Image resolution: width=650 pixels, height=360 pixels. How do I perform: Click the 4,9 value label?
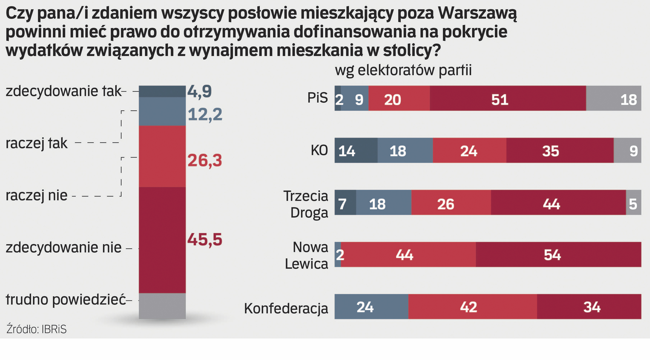tap(200, 92)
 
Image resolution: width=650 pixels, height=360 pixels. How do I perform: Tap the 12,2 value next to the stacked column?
tap(205, 114)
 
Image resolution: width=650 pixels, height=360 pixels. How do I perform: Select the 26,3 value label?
tap(205, 160)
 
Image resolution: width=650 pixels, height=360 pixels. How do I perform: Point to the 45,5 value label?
tap(205, 240)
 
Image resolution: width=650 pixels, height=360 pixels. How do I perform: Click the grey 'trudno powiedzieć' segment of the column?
tap(162, 306)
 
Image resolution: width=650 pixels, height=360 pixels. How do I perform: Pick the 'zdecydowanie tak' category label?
tap(63, 91)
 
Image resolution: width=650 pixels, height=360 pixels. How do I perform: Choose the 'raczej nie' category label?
tap(37, 196)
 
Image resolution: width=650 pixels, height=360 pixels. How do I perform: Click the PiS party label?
tap(317, 98)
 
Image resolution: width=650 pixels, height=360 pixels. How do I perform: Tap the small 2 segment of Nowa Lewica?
tap(338, 254)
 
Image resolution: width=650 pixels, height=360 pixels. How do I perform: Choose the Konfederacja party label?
tap(286, 309)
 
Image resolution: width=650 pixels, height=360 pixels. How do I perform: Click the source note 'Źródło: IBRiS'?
tap(37, 329)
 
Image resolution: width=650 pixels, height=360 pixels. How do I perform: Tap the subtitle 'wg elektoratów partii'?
tap(403, 70)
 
